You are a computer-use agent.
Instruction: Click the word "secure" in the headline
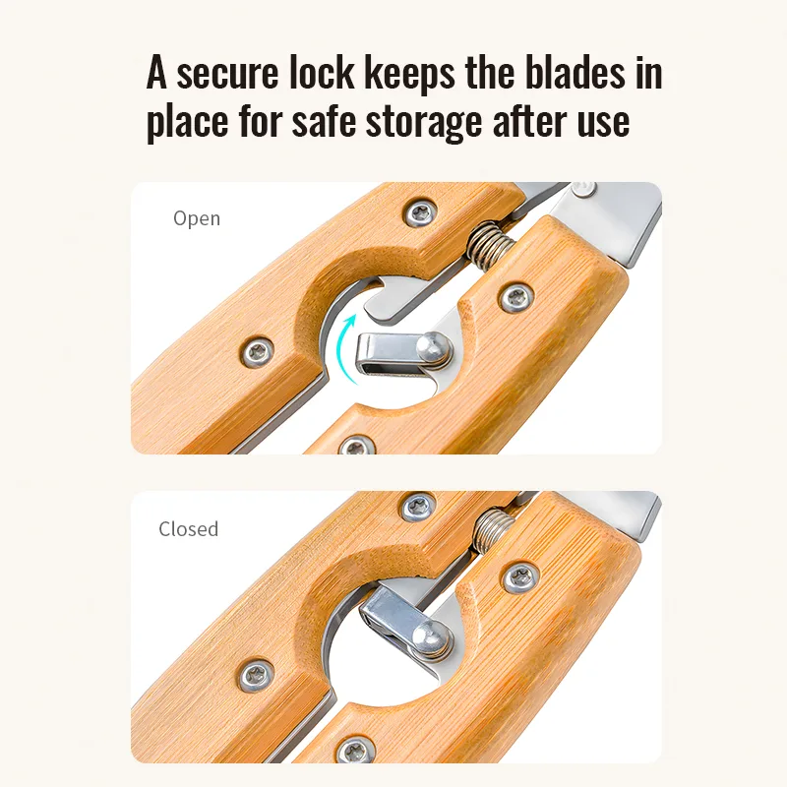point(227,73)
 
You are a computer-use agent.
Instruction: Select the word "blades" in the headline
point(575,72)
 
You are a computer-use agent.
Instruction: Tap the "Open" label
point(197,218)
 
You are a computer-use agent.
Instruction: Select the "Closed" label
point(189,529)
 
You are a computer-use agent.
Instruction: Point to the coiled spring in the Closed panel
point(495,530)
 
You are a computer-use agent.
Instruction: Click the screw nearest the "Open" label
point(420,213)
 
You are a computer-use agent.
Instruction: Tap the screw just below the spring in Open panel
point(516,298)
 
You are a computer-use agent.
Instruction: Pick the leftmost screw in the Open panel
point(257,352)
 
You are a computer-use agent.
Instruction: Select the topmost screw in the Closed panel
point(418,507)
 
